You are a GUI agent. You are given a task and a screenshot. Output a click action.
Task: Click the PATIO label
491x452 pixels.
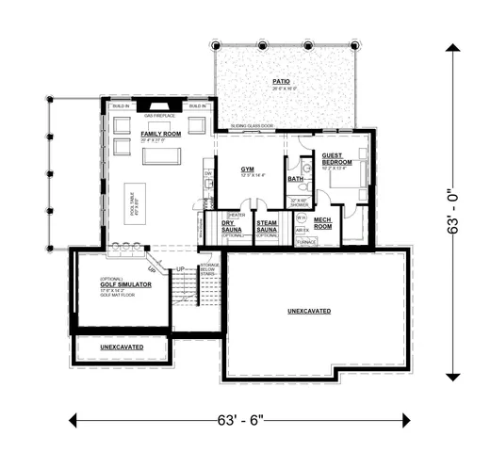[281, 82]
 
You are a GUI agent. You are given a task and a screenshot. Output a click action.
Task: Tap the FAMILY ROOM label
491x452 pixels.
[161, 135]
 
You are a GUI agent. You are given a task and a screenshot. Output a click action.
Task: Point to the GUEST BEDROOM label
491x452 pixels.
[336, 159]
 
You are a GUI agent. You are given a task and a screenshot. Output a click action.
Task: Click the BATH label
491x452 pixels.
[296, 178]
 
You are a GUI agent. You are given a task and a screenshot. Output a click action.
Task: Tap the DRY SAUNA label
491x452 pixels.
[232, 227]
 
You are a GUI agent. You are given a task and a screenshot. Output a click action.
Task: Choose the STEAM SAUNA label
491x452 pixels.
[267, 227]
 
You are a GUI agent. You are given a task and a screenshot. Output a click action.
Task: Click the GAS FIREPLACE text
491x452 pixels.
[160, 116]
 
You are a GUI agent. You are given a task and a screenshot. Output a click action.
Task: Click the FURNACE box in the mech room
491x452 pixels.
[305, 242]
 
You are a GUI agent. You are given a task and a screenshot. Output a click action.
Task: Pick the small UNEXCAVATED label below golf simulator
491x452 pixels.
[121, 347]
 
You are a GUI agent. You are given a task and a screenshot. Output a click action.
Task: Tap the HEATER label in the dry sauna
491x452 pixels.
[236, 215]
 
